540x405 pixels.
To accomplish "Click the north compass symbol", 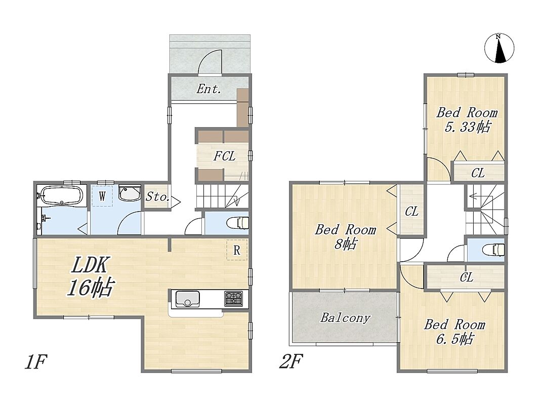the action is click(x=499, y=48).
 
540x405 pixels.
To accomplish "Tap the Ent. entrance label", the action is click(x=209, y=89).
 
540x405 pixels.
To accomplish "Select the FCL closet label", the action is click(x=224, y=156).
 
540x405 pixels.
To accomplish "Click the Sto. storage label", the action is click(x=157, y=196).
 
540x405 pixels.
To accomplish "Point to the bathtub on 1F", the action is click(x=61, y=195).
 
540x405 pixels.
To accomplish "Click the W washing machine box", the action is click(x=102, y=196).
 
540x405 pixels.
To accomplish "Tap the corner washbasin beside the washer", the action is click(x=130, y=193).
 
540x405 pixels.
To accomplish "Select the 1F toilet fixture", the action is click(x=238, y=222).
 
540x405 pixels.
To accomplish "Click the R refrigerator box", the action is click(x=236, y=250).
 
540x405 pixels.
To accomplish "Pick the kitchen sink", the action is click(x=187, y=299).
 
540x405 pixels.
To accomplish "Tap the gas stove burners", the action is click(x=233, y=298).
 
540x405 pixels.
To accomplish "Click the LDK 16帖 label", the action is click(x=91, y=276).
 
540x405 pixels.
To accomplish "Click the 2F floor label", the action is click(x=291, y=361).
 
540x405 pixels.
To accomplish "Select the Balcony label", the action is click(x=345, y=317).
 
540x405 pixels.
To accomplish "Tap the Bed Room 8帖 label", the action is click(x=346, y=236).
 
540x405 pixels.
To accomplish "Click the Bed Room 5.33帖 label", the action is click(x=467, y=120).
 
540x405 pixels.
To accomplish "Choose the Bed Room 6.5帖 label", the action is click(x=454, y=332).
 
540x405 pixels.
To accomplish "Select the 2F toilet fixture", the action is click(x=494, y=249).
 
